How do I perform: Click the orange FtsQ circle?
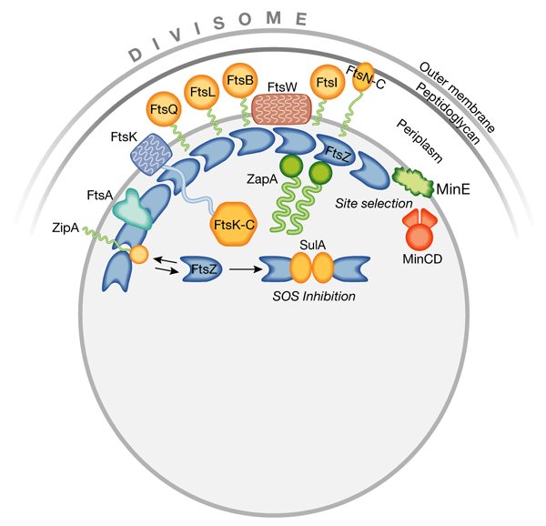click(x=164, y=109)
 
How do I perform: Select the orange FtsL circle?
click(x=202, y=92)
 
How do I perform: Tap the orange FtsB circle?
click(x=240, y=80)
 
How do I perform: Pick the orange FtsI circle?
click(x=328, y=82)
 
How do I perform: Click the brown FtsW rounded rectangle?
click(x=281, y=109)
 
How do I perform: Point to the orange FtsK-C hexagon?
click(x=233, y=224)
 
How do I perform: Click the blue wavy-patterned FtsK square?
click(x=151, y=154)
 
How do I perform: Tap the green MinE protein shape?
click(x=413, y=182)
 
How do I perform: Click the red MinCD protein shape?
click(x=420, y=229)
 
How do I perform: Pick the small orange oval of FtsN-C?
click(x=363, y=77)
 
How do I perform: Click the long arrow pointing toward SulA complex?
click(x=246, y=269)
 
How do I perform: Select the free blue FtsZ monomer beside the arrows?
click(x=202, y=268)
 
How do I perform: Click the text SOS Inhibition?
click(x=314, y=297)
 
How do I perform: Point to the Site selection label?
click(x=374, y=203)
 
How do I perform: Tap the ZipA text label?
click(x=66, y=228)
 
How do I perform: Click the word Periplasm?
click(x=420, y=141)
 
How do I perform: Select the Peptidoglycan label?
click(x=448, y=114)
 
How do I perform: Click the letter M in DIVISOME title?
click(x=274, y=18)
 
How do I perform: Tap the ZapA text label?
click(x=262, y=179)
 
